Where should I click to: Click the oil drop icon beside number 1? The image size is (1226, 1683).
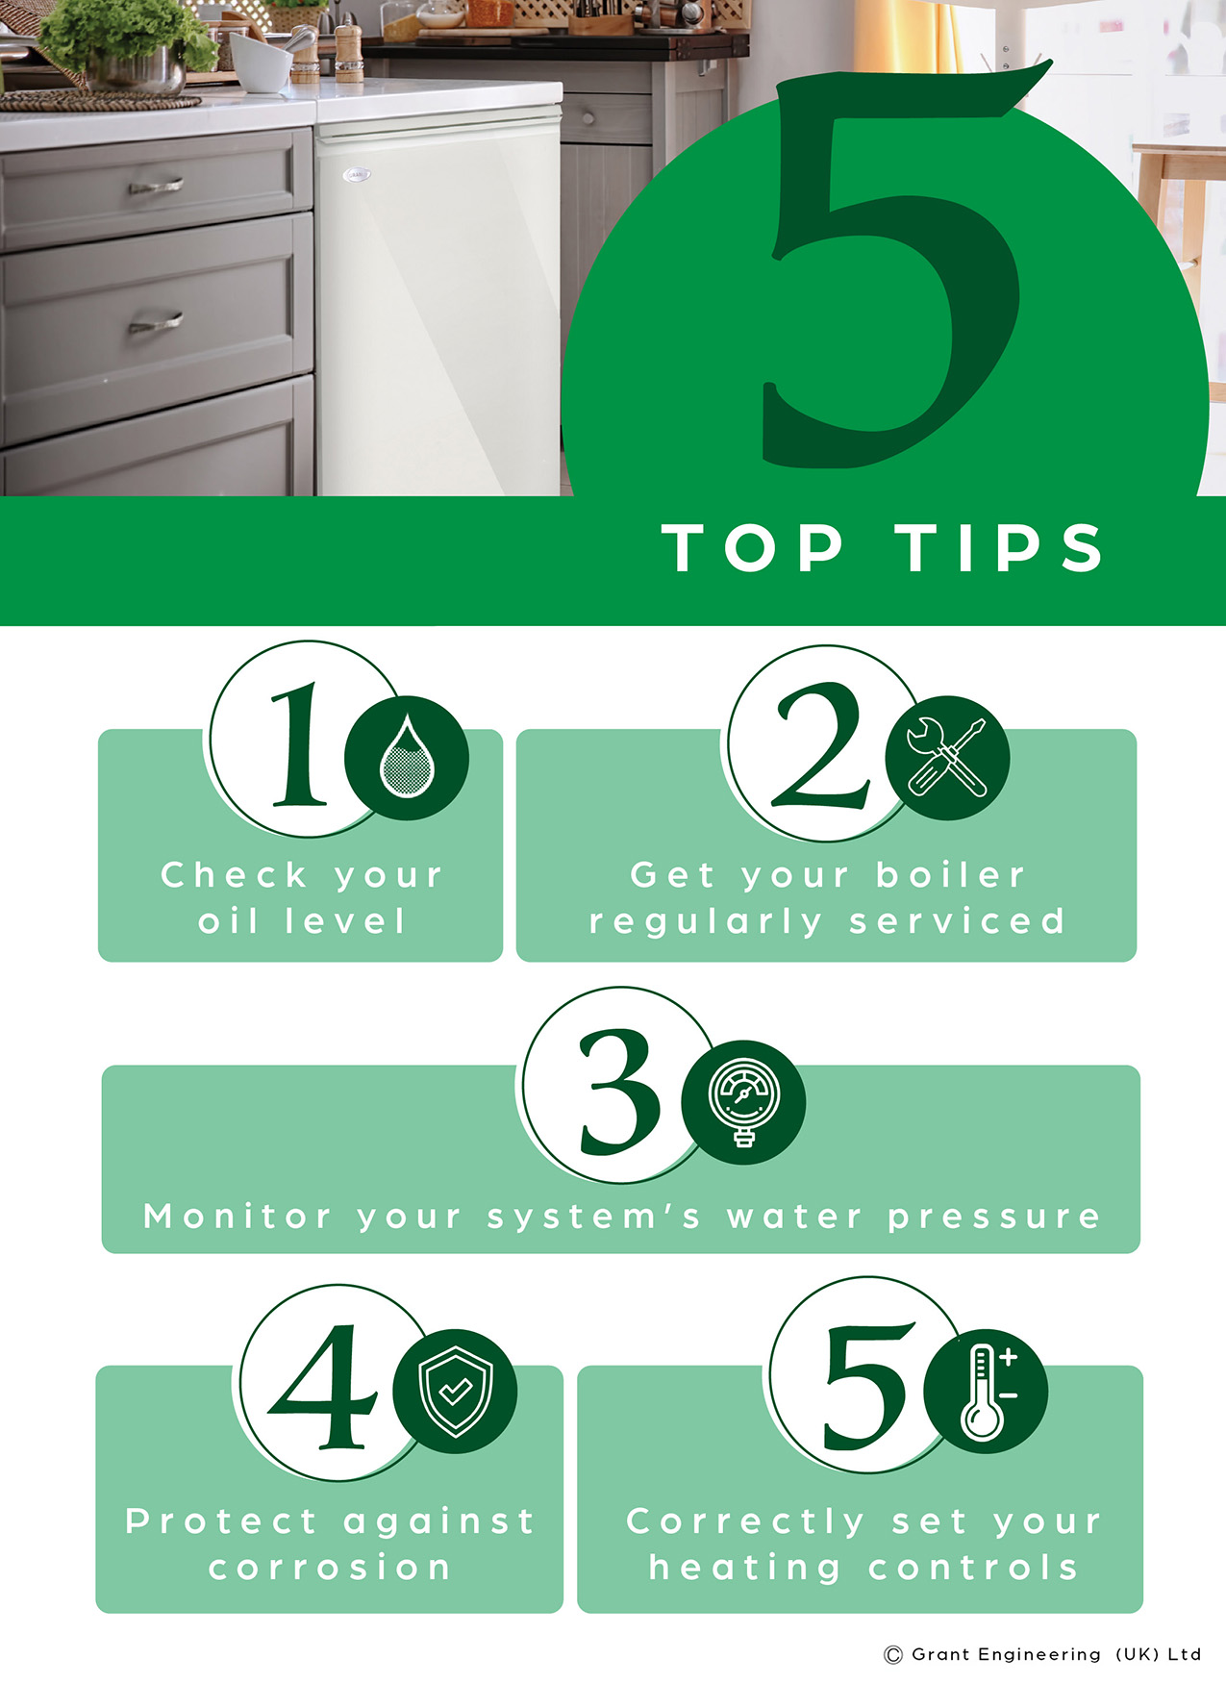407,757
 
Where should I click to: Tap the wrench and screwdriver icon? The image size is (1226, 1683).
947,757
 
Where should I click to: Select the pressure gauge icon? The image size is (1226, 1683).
743,1101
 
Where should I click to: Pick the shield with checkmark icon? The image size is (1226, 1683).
456,1391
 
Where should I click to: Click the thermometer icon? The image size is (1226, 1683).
985,1391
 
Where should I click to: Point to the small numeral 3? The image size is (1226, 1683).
619,1093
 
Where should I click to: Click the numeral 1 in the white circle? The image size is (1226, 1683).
301,744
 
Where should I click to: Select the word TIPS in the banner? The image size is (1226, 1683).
1000,548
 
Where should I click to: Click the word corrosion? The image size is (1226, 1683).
330,1568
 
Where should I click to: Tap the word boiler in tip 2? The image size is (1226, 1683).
950,875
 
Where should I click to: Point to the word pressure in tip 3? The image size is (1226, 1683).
993,1218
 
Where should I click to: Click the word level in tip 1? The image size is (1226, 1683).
346,921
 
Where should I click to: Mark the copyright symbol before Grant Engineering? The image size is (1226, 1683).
893,1655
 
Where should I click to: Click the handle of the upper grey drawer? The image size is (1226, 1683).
156,186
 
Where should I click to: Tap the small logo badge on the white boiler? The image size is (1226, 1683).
358,175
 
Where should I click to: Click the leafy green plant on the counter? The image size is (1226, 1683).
125,34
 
